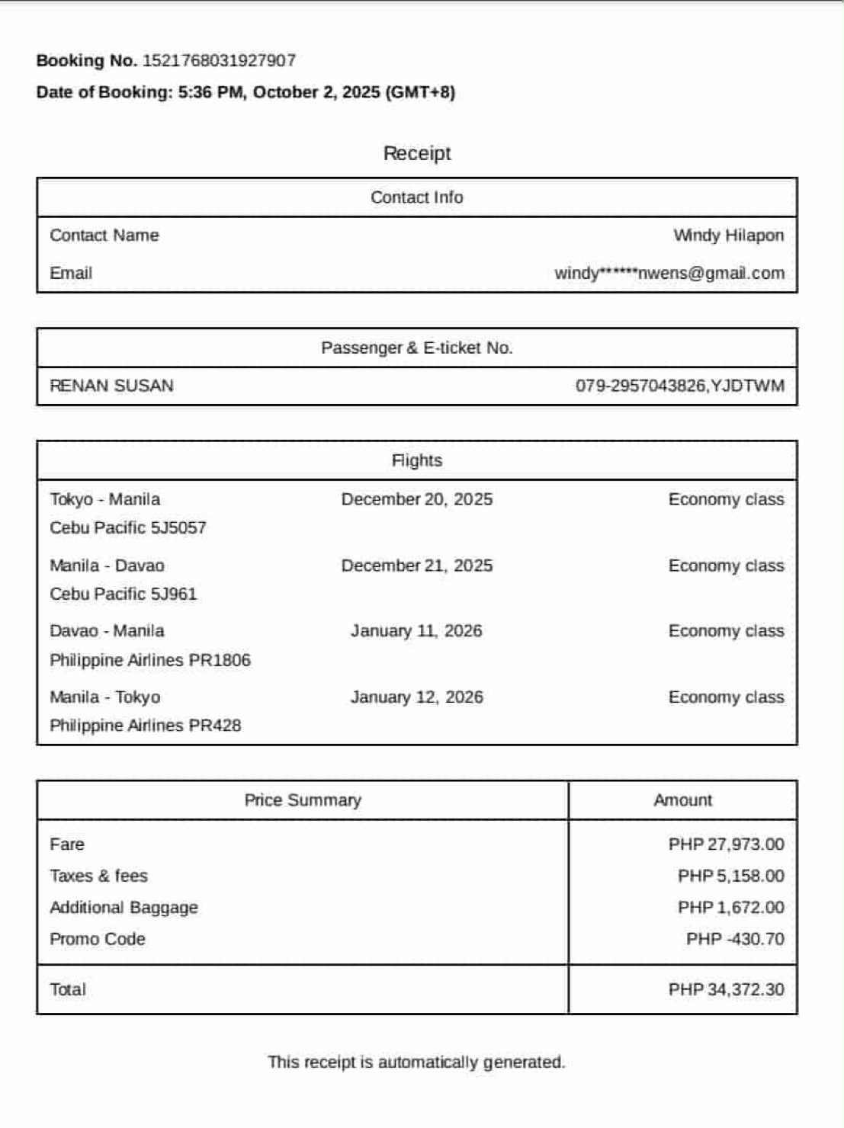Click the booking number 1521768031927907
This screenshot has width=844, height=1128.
coord(219,61)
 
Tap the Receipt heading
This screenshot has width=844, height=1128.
coord(417,153)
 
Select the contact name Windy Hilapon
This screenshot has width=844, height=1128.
coord(728,236)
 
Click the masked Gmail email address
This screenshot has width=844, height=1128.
coord(669,274)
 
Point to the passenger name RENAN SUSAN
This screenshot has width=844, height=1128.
coord(111,386)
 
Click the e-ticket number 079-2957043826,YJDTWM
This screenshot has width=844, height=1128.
coord(679,386)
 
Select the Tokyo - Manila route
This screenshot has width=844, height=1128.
coord(105,499)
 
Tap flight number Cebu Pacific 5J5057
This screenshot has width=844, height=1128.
coord(128,527)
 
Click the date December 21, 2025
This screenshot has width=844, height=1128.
coord(416,566)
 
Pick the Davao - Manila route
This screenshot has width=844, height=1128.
coord(107,631)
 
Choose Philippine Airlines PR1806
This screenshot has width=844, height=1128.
coord(150,660)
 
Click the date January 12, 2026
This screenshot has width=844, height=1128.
coord(416,697)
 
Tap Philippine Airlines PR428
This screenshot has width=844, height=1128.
coord(146,726)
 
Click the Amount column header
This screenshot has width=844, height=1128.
coord(682,800)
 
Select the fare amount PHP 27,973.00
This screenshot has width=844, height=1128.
coord(726,844)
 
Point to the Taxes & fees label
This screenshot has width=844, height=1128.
coord(99,876)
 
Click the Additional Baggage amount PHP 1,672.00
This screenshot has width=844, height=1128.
coord(730,908)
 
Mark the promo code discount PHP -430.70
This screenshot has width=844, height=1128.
coord(735,939)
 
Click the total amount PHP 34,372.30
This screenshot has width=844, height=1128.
coord(726,989)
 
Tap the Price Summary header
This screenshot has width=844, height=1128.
coord(303,800)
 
